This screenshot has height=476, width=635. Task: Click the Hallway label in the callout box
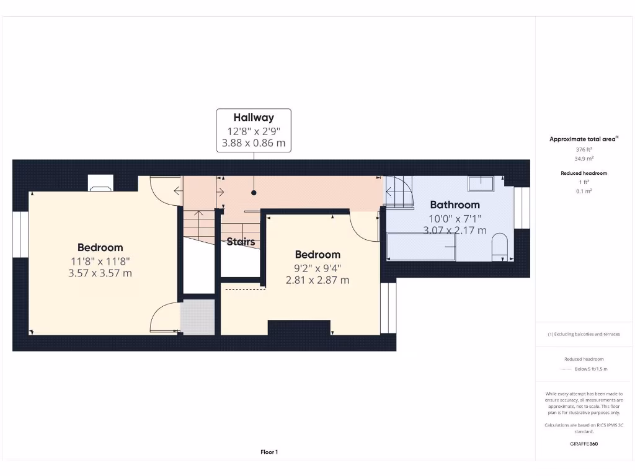point(253,117)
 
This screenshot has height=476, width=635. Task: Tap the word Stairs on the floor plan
point(241,242)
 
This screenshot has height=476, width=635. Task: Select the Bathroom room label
point(455,205)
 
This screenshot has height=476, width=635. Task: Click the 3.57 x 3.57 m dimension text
point(100,273)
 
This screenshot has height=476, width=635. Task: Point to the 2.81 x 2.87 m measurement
point(317,280)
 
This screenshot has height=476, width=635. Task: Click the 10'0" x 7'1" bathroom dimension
point(455,218)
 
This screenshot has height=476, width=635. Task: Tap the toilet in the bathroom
point(500,245)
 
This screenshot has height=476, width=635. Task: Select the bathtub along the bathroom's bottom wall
point(422,247)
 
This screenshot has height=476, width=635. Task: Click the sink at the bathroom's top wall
point(481,183)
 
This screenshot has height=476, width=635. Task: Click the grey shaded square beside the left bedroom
point(197,317)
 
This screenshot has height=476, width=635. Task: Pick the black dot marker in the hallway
point(253,193)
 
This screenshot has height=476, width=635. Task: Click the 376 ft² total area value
point(584,149)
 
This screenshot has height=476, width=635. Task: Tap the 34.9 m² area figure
point(584,158)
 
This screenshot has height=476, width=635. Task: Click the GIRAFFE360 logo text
point(584,444)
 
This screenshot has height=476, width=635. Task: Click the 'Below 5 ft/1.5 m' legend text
point(591,369)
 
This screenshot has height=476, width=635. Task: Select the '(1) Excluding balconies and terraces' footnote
point(584,334)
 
